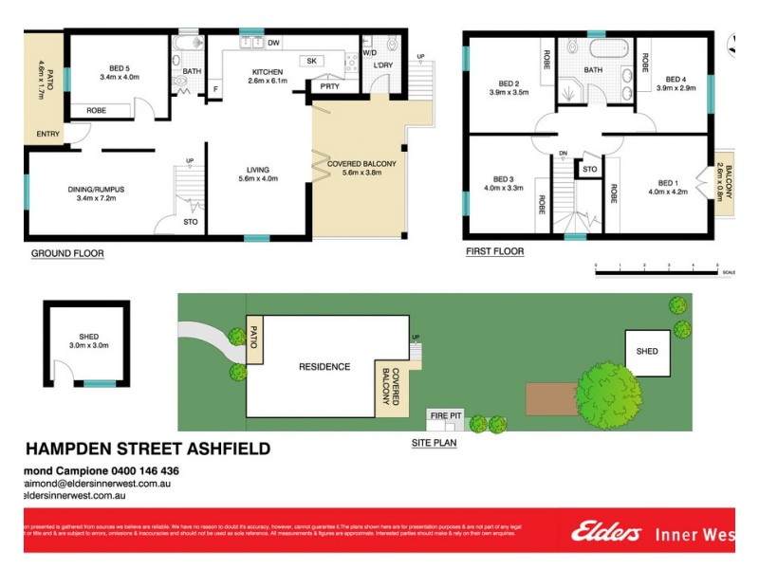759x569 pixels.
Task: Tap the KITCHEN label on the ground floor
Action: [x=267, y=72]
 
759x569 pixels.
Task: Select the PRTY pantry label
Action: [x=329, y=86]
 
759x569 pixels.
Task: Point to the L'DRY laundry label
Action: [x=383, y=64]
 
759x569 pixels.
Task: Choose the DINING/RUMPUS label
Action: [x=96, y=190]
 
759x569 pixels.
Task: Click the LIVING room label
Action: [x=258, y=170]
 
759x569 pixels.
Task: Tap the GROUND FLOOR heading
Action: [x=67, y=253]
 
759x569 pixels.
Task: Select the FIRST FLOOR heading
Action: [x=494, y=252]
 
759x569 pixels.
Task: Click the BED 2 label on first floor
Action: [x=509, y=83]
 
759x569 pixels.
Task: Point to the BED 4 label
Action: [x=676, y=79]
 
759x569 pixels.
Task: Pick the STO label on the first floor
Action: [x=589, y=171]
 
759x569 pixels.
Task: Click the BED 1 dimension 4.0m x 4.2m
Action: [x=667, y=192]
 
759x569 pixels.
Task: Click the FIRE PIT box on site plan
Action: [x=446, y=416]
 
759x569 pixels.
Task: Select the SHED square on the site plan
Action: [x=647, y=351]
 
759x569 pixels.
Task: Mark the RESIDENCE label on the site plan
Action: [x=324, y=367]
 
